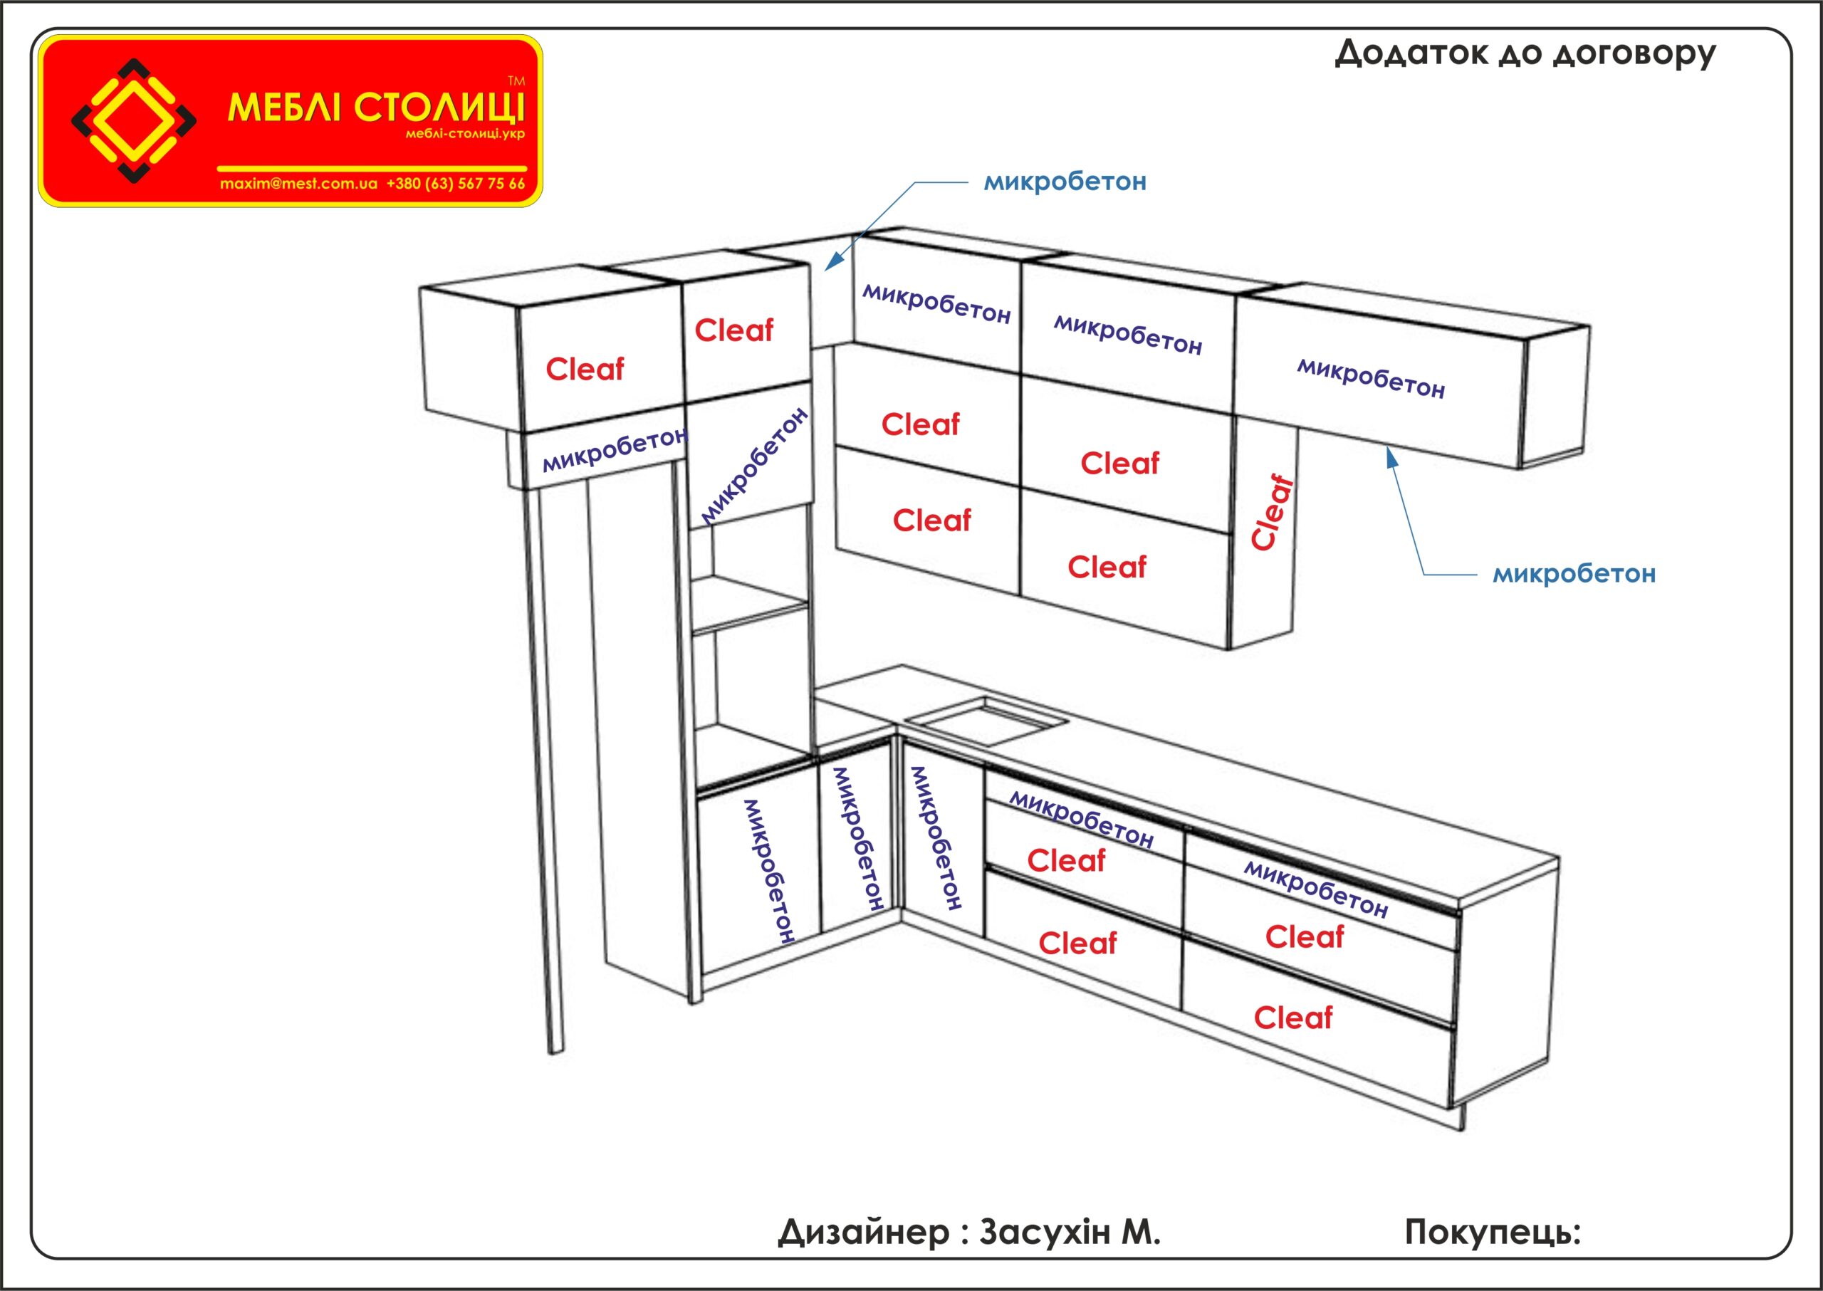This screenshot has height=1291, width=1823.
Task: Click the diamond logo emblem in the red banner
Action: (134, 120)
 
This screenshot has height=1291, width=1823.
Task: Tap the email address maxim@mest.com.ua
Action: (298, 184)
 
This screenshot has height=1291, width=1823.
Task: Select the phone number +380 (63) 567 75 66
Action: (456, 184)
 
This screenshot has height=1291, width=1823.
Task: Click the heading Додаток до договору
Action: (1525, 54)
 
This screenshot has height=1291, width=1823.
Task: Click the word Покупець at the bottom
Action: (1490, 1231)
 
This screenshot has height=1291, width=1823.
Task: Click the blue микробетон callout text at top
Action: (1065, 182)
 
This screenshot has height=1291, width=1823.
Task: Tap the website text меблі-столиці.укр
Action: (465, 134)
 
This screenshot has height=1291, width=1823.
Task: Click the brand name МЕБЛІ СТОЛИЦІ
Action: (376, 108)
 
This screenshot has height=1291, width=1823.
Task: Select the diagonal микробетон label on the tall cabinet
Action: (753, 466)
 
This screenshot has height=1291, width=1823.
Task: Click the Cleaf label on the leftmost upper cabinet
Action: (585, 369)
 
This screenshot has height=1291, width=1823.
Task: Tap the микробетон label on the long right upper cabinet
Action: (1371, 377)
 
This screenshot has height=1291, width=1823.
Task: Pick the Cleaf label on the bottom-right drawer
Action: (1292, 1018)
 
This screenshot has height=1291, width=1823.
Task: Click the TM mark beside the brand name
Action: (516, 81)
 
